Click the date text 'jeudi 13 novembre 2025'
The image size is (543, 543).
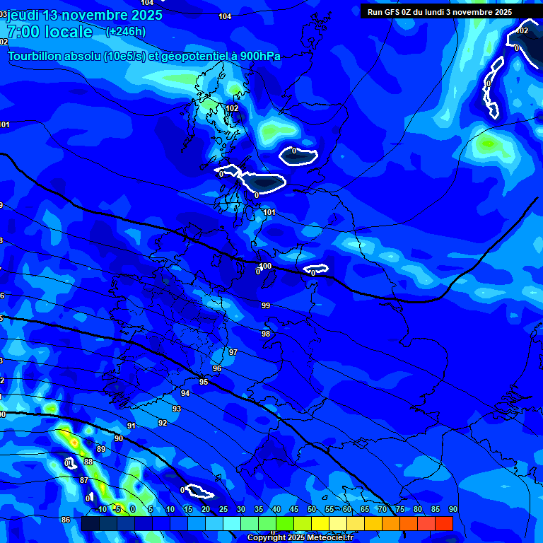coord(84,15)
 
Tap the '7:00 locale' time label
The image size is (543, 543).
coord(49,32)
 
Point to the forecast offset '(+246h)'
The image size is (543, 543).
coord(125,32)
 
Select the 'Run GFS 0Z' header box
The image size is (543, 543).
coord(439,12)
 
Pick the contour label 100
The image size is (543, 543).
coord(265,266)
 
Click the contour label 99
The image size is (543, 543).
coord(266,305)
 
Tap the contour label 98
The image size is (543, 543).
coord(266,334)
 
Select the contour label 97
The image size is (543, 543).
coord(233,352)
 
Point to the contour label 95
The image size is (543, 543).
coord(204,382)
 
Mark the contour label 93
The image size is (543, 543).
coord(177,409)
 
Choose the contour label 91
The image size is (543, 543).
coord(132,426)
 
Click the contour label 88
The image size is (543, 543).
coord(88,462)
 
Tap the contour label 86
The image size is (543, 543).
coord(66,520)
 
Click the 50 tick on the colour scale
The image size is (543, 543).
coord(312,510)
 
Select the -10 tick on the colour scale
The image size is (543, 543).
coord(101,510)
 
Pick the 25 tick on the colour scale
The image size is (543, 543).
coord(223,510)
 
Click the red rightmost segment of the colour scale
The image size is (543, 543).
coord(444,523)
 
